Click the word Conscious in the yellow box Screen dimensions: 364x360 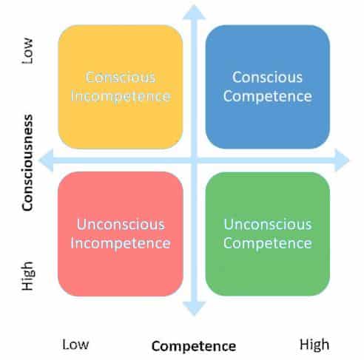click(x=121, y=78)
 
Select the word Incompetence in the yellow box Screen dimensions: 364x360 click(x=121, y=96)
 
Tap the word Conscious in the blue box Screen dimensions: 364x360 click(x=267, y=78)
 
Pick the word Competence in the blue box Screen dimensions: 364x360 click(x=268, y=96)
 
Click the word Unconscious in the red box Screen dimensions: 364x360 click(x=121, y=225)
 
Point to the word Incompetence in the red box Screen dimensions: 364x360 click(x=121, y=243)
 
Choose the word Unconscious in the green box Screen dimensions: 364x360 click(x=268, y=225)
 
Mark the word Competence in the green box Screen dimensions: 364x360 click(x=268, y=243)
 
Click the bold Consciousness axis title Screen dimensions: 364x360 click(x=27, y=163)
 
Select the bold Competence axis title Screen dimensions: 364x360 click(x=194, y=347)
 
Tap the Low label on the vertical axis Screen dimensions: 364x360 click(x=27, y=51)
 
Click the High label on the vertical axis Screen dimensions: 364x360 click(x=28, y=276)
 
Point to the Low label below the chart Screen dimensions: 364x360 click(x=75, y=344)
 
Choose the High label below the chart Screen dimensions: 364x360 click(x=314, y=344)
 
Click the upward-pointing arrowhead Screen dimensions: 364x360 click(x=194, y=13)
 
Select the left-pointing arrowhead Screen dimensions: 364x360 click(x=46, y=160)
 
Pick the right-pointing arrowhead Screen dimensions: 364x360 click(x=342, y=160)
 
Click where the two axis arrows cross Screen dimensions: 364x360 click(x=194, y=160)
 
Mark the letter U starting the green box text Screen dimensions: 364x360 click(x=229, y=225)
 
